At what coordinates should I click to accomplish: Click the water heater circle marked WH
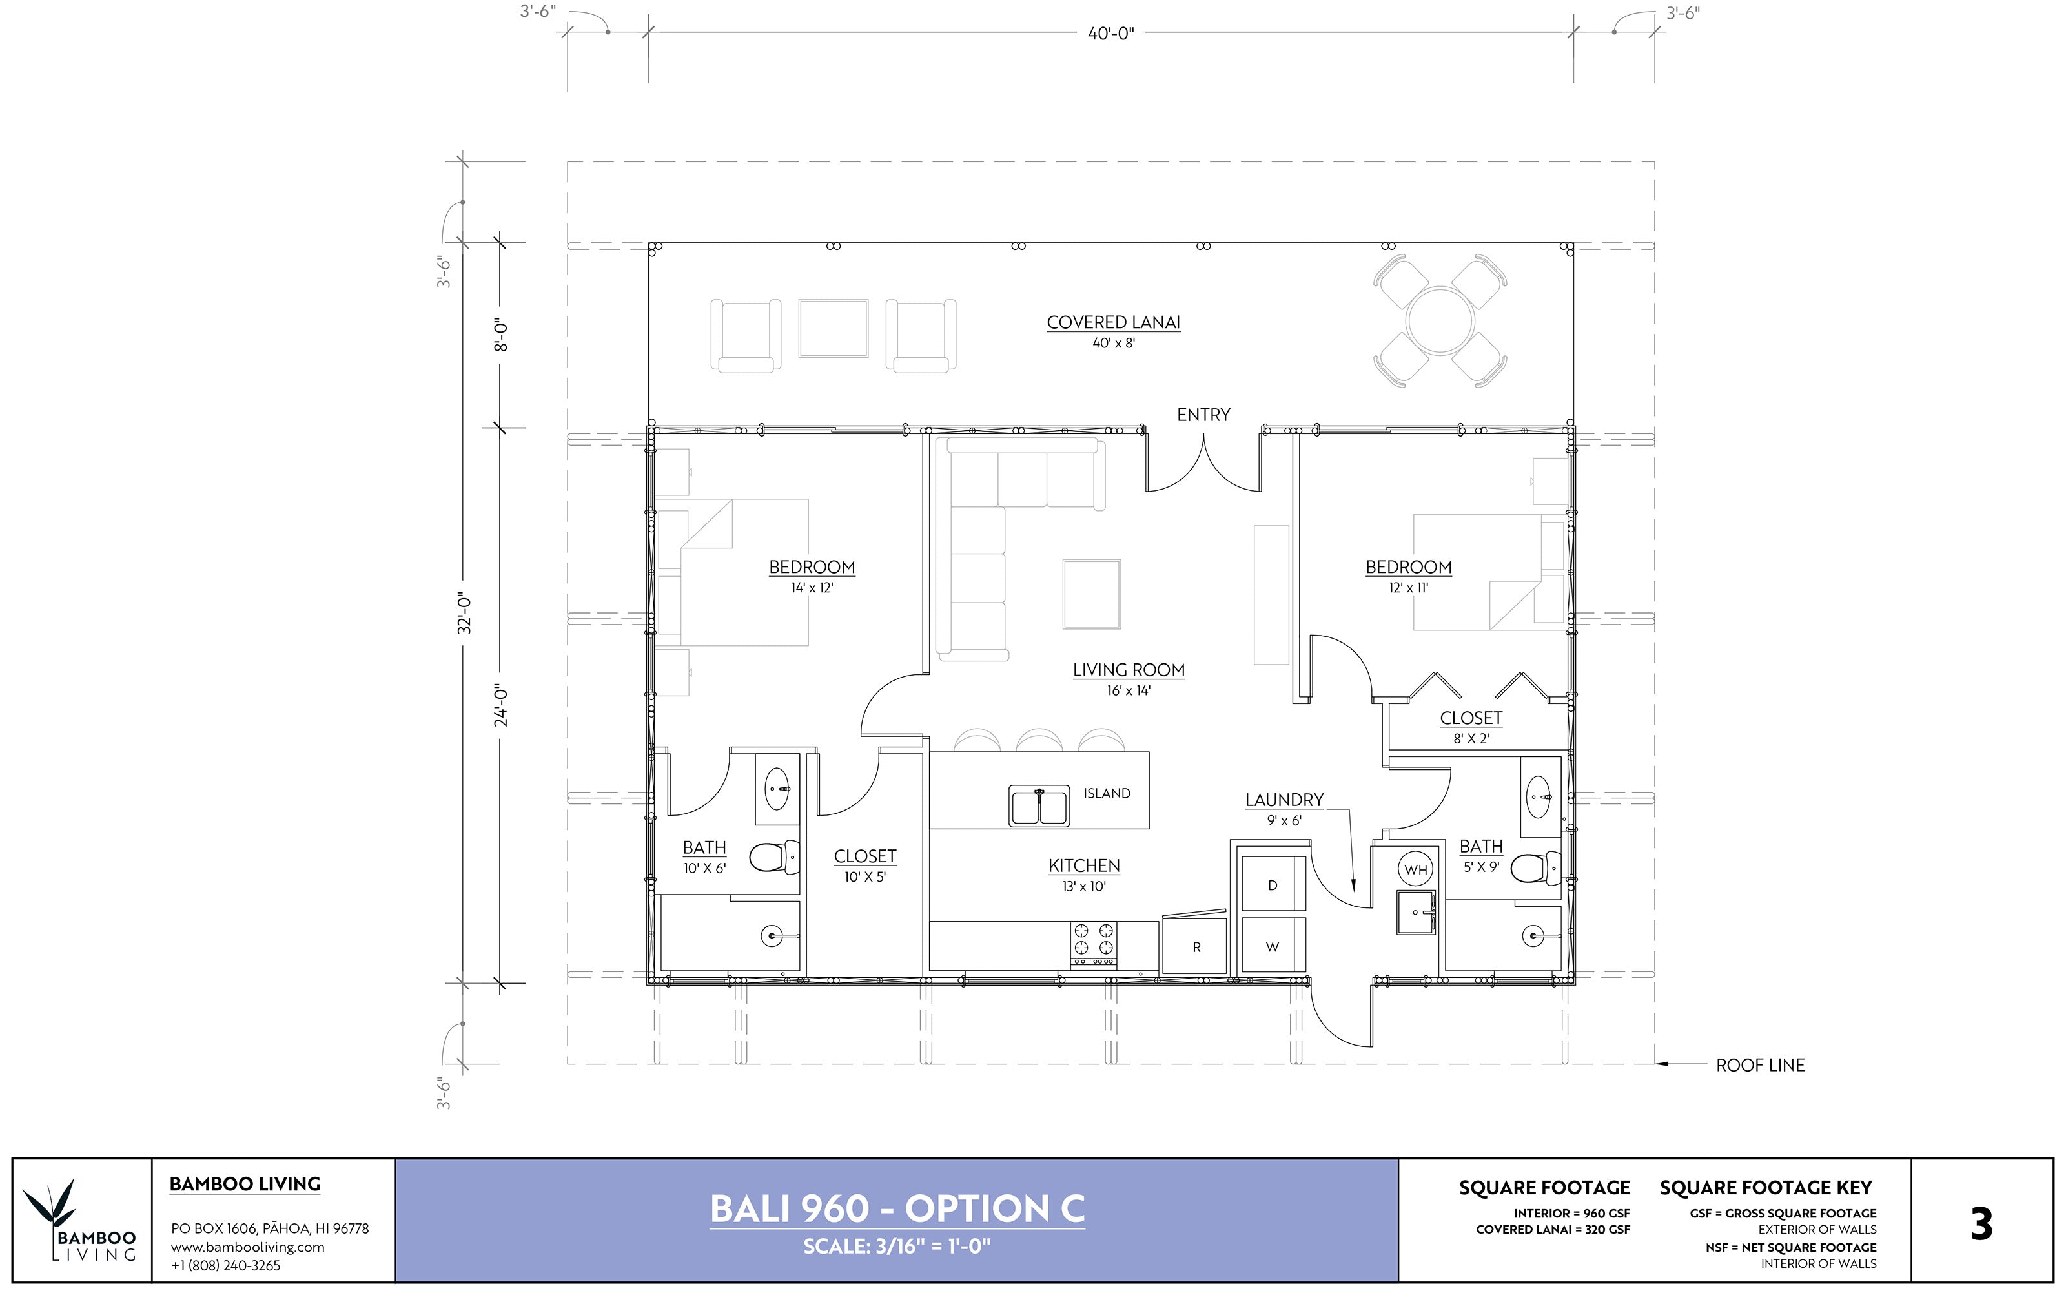1415,869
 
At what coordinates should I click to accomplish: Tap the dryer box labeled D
1273,886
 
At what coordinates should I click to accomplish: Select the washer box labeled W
1273,946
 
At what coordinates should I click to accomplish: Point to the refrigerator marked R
1196,946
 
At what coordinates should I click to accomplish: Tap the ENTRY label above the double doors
1203,415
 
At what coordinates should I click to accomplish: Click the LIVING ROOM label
1129,670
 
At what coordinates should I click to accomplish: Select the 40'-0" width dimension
1110,34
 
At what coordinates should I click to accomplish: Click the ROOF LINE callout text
1759,1066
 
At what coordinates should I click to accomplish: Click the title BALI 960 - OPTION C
896,1208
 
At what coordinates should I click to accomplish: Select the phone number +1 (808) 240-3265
225,1265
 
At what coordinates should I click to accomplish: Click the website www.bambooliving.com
247,1247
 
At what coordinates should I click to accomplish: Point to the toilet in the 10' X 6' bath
774,856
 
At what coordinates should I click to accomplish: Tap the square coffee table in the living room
1092,594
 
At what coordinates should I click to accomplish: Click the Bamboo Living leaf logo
53,1208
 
